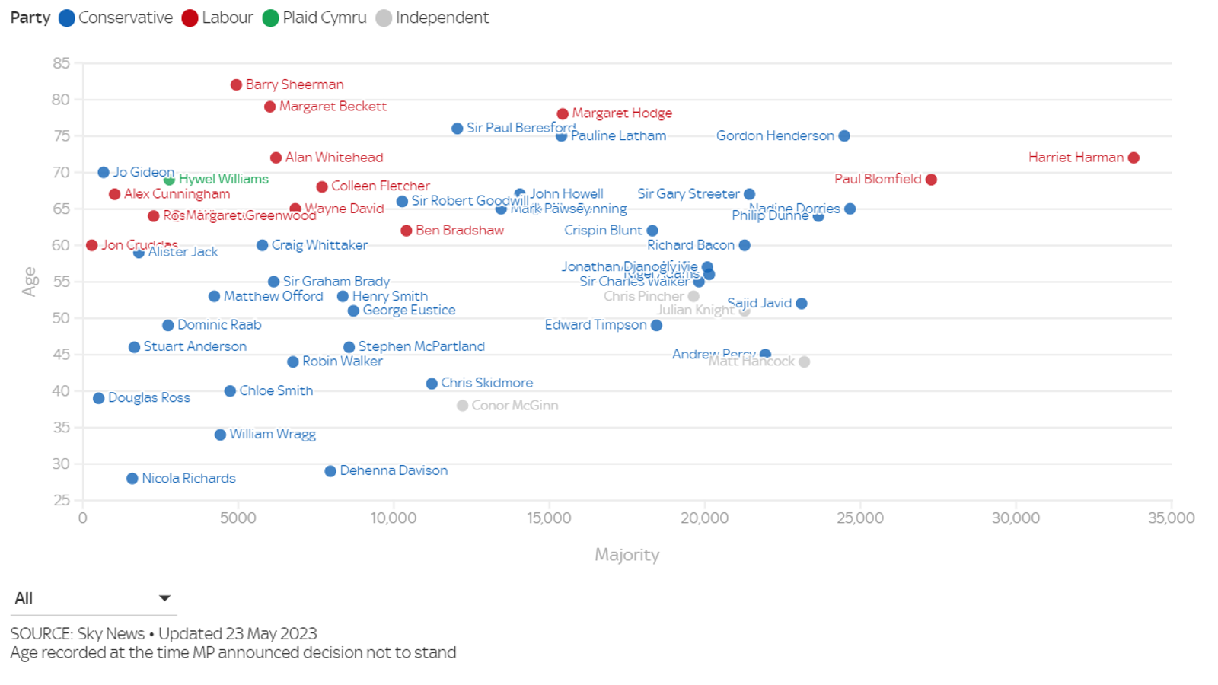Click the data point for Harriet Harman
pyautogui.click(x=1134, y=158)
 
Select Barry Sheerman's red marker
pyautogui.click(x=236, y=85)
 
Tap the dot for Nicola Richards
pyautogui.click(x=132, y=479)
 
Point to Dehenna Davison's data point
pyautogui.click(x=330, y=471)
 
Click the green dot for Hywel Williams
pyautogui.click(x=169, y=180)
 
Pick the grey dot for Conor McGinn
pyautogui.click(x=462, y=406)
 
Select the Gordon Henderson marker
pyautogui.click(x=844, y=136)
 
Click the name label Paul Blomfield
pyautogui.click(x=878, y=179)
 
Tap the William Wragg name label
pyautogui.click(x=273, y=434)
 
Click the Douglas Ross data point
pyautogui.click(x=99, y=398)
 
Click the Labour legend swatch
pyautogui.click(x=190, y=18)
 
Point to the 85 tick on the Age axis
pyautogui.click(x=62, y=63)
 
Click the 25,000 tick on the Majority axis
pyautogui.click(x=860, y=518)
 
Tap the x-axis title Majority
pyautogui.click(x=627, y=555)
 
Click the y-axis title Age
pyautogui.click(x=30, y=282)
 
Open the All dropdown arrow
pyautogui.click(x=164, y=598)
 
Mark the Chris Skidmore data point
pyautogui.click(x=432, y=384)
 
